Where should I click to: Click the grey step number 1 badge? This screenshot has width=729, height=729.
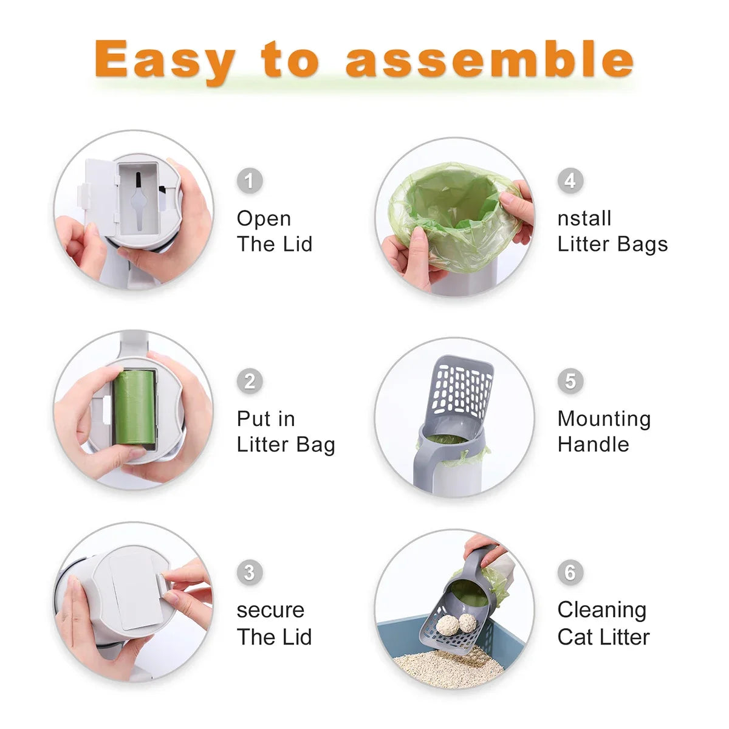coord(249,180)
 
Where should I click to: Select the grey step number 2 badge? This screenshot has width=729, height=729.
coord(249,382)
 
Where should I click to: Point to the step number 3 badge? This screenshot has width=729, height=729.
coord(249,572)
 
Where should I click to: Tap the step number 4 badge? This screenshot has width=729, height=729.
coord(570,180)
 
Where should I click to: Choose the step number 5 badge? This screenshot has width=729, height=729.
coord(570,381)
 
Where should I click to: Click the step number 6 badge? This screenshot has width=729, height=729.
coord(570,572)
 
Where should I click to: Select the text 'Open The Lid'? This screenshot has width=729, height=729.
coord(275,231)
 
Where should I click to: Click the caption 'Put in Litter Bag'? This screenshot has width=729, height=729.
coord(286,431)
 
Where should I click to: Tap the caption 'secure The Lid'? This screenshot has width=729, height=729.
coord(274,623)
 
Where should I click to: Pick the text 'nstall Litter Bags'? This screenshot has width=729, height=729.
coord(612,231)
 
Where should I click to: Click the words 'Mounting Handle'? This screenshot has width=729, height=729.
coord(604,431)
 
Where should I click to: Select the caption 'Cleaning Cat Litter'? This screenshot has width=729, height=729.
coord(603,623)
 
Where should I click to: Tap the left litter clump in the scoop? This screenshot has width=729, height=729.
coord(448,625)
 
